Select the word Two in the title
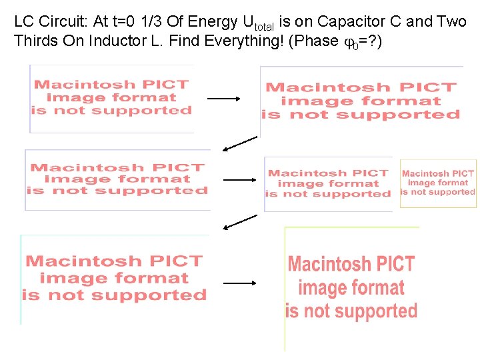451,22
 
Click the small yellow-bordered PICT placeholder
438,183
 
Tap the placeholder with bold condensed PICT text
351,287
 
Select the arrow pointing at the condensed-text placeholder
239,283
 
